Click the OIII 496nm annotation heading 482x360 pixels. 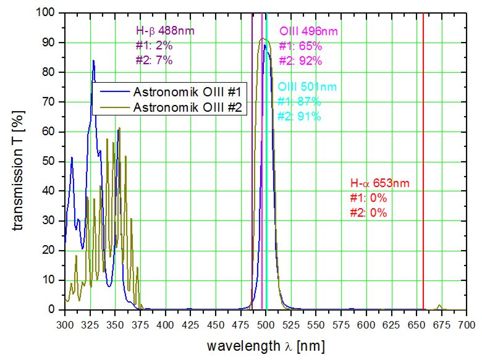point(308,31)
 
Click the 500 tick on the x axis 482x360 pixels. point(266,323)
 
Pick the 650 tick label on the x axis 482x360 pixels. point(417,323)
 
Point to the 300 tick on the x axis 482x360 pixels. point(64,323)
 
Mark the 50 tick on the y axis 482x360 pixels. point(51,161)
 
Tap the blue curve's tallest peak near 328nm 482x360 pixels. point(93,61)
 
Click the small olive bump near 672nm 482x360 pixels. point(439,305)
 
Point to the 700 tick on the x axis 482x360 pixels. point(467,323)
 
